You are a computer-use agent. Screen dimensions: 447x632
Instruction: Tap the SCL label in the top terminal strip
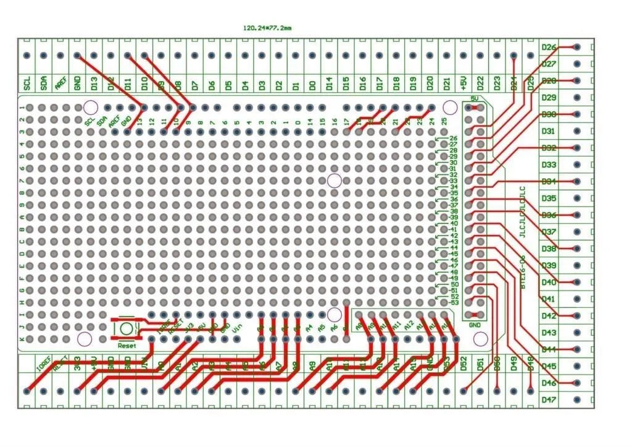tap(27, 83)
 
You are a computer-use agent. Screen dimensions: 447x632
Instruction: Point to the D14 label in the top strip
tap(329, 83)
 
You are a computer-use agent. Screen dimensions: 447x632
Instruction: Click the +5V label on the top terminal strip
tap(464, 83)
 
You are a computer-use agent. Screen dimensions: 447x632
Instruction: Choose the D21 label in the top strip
tap(446, 83)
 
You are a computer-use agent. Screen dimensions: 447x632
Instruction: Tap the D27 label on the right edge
tap(549, 64)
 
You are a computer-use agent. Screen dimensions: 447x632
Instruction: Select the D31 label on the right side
tap(549, 131)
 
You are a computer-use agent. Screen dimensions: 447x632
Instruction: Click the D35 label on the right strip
tap(549, 198)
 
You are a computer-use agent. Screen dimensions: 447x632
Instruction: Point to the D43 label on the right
tap(549, 333)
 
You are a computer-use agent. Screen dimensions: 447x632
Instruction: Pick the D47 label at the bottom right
tap(549, 399)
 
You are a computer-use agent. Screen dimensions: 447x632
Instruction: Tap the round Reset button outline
tap(127, 328)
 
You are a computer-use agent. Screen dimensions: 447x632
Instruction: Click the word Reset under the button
tap(127, 346)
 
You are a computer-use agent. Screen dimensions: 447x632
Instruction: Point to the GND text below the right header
tap(475, 325)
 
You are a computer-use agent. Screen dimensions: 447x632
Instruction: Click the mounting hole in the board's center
tap(335, 181)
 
